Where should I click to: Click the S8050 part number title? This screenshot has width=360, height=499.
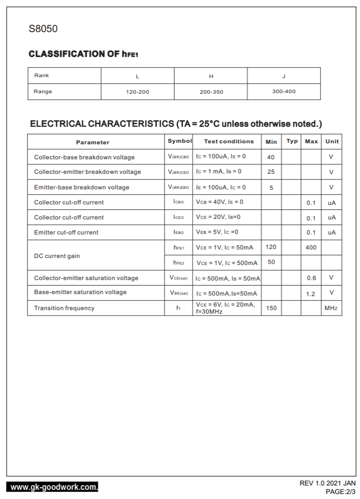pos(43,29)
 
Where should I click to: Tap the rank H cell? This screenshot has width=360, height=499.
pos(211,76)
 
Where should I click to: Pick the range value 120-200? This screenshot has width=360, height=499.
pos(137,92)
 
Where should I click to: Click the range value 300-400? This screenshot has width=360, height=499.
pos(284,92)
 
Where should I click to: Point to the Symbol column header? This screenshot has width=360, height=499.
pos(179,141)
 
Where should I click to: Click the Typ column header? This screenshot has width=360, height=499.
pos(292,141)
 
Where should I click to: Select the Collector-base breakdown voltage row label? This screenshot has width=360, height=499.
pos(84,157)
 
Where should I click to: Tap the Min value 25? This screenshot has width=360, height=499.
pos(271,172)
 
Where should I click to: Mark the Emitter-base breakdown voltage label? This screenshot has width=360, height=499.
pos(82,187)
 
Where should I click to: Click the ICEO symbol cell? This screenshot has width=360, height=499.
pos(178,217)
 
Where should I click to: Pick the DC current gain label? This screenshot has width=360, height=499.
pos(57,256)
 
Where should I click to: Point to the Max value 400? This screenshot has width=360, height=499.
pos(311,247)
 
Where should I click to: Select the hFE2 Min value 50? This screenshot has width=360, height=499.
pos(271,262)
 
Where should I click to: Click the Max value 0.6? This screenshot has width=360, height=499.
pos(311,278)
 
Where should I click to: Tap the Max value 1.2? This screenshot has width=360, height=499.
pos(311,294)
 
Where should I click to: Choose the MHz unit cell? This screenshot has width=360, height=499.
pos(331,308)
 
